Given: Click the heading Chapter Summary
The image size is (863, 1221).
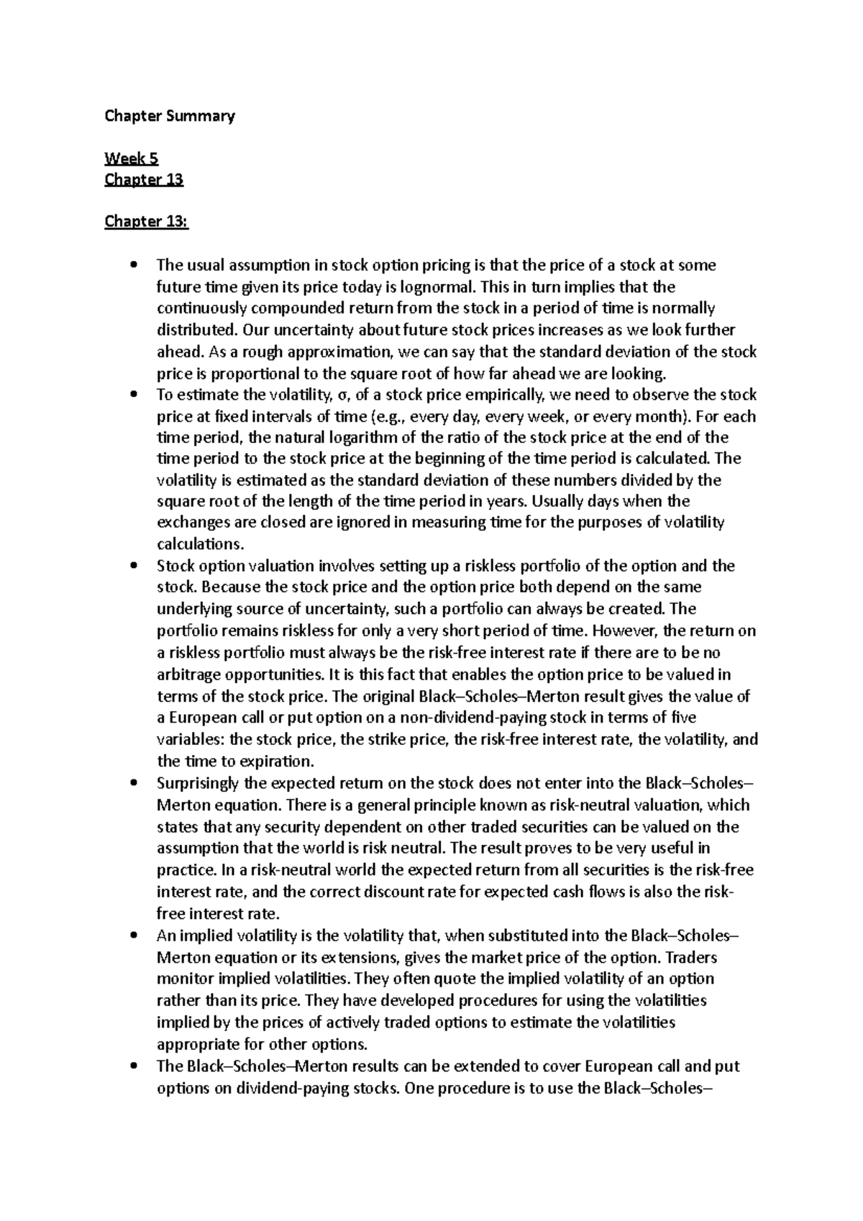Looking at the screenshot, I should [x=170, y=116].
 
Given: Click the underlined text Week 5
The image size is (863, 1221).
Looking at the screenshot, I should [x=131, y=158].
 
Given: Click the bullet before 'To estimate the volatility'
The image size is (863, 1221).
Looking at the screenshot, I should [x=134, y=395].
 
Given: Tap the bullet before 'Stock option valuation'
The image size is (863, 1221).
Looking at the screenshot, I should [x=134, y=566].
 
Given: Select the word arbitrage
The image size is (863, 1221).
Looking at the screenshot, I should [x=189, y=674].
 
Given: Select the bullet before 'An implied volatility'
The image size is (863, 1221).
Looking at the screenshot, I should [x=134, y=936].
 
